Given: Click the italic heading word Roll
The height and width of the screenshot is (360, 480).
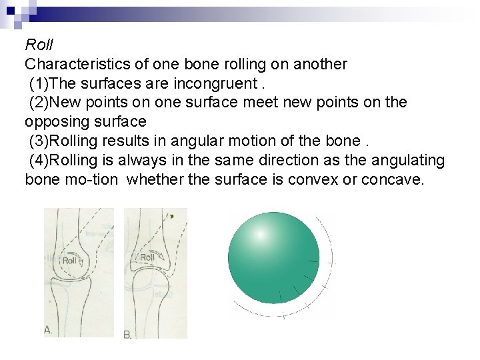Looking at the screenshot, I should coord(39,45).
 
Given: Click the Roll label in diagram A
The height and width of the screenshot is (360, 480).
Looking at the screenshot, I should coord(70,260).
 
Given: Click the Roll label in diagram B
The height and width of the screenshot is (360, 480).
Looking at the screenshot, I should coord(147,257).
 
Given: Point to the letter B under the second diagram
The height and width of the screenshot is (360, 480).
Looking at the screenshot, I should coord(127,333).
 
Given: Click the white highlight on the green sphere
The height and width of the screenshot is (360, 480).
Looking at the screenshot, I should coord(260,235).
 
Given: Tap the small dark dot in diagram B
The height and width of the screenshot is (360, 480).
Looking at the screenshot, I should coord(172,216).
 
